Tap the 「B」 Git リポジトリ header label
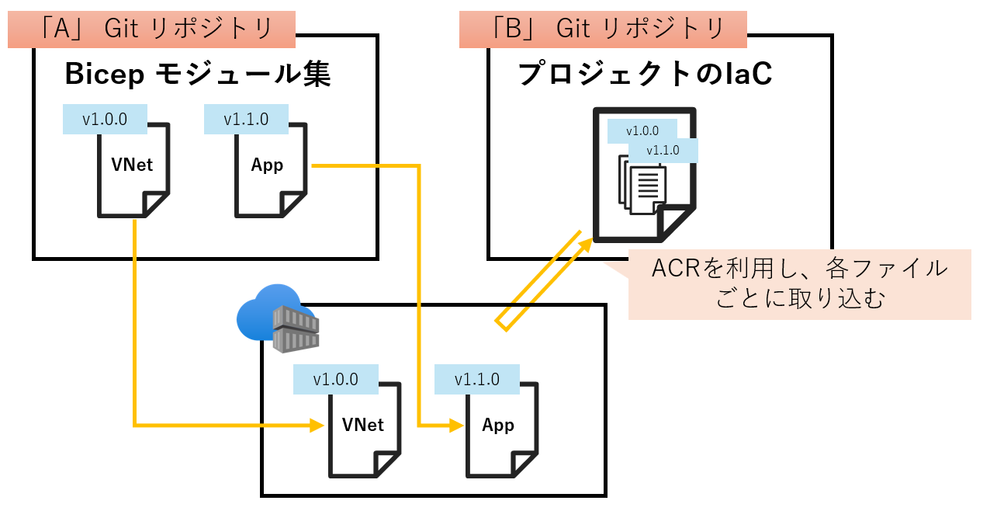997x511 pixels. [603, 29]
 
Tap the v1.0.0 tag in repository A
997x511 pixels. [105, 120]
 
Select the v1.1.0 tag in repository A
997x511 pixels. [246, 120]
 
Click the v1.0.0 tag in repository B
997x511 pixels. [642, 130]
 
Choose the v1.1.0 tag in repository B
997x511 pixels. [663, 150]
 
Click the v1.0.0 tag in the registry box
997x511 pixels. [336, 380]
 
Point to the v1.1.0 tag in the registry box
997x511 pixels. [476, 380]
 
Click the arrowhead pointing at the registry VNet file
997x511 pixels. [317, 425]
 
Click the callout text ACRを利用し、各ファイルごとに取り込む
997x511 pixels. [799, 284]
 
